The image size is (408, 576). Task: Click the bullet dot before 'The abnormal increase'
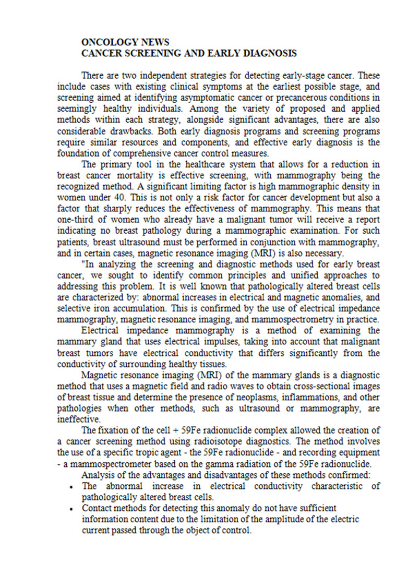point(71,486)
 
